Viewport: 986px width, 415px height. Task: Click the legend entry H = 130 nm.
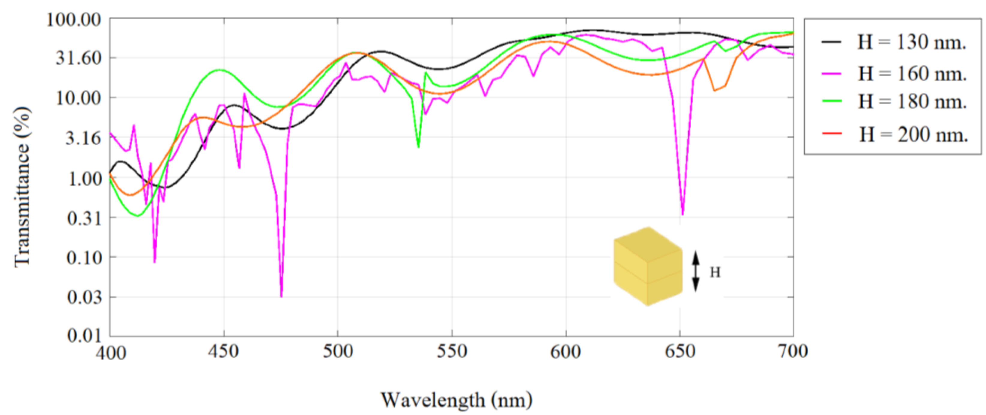(x=911, y=42)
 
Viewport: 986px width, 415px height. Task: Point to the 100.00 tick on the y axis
(x=73, y=20)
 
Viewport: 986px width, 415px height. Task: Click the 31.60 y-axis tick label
(x=79, y=58)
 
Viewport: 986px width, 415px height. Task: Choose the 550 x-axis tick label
(x=452, y=351)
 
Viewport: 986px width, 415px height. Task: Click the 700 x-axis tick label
(x=793, y=351)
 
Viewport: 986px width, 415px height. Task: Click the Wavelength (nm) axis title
(x=456, y=400)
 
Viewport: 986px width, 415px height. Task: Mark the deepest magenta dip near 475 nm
(x=281, y=296)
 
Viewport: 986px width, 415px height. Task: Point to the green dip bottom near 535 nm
(x=418, y=146)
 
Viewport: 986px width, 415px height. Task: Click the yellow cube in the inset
(x=648, y=267)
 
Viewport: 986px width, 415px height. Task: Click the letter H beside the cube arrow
(x=715, y=272)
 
